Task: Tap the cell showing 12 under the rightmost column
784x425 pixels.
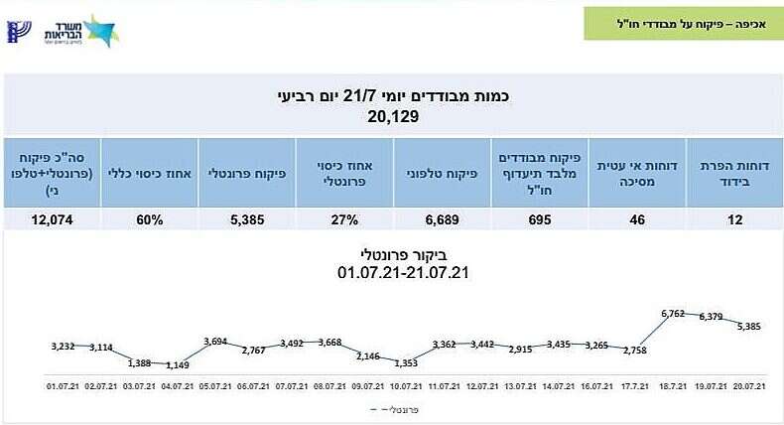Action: pos(734,219)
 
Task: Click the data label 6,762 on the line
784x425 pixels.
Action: pos(673,314)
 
